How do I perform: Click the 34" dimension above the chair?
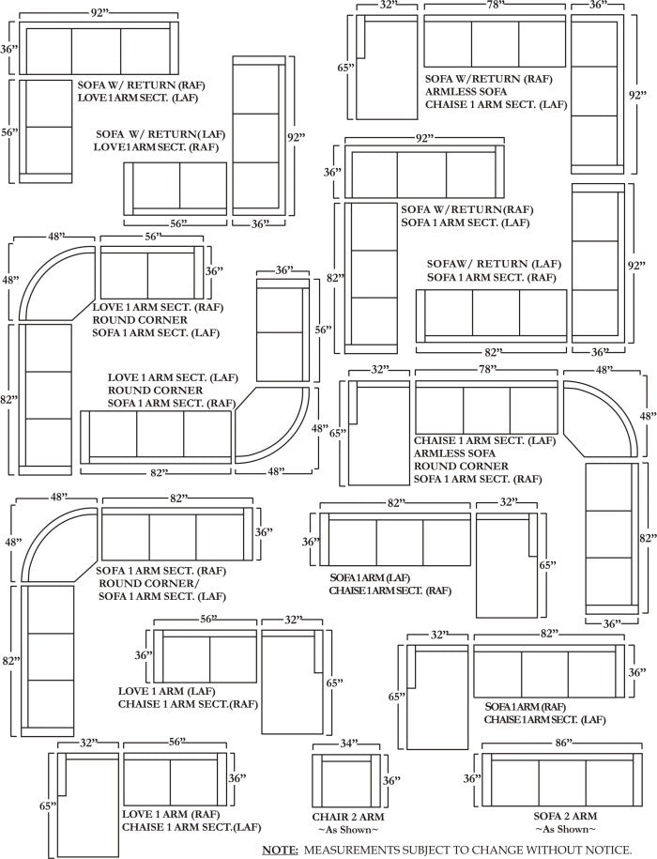coord(349,743)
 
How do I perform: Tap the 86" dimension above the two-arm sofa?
coord(563,743)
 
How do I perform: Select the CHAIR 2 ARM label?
coord(347,816)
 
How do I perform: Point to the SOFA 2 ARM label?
coord(565,816)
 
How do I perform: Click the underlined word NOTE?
coord(280,850)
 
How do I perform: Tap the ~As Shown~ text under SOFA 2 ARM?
coord(565,829)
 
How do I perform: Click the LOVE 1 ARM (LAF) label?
coord(167,691)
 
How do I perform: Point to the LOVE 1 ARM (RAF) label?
coord(171,815)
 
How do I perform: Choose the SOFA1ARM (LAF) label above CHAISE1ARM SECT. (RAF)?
coord(370,578)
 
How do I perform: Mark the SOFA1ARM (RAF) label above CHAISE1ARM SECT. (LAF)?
coord(526,707)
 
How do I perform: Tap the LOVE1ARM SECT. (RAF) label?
coord(156,147)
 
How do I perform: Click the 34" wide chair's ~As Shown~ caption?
coord(347,829)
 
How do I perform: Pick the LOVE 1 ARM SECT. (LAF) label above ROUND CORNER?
coord(173,377)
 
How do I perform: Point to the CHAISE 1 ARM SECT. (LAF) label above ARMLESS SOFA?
coord(484,440)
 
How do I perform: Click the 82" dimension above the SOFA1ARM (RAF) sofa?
coord(548,634)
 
